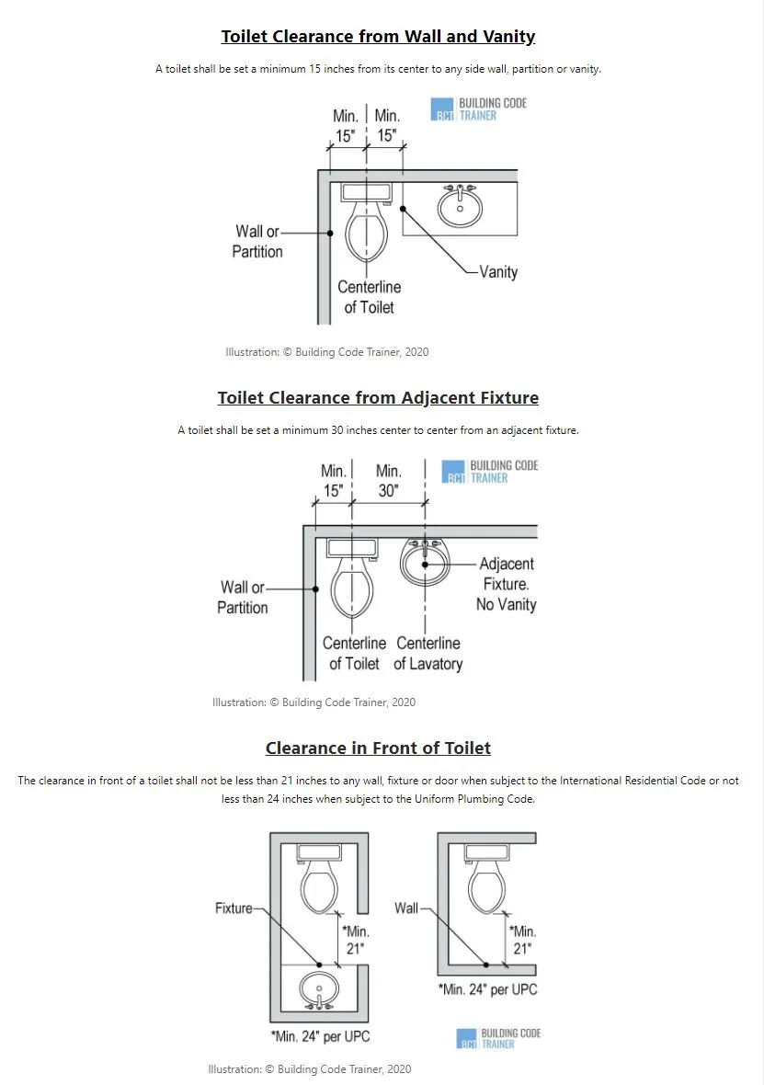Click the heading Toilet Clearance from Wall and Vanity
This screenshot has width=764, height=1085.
(378, 37)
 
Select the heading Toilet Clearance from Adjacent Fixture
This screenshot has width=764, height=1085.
(378, 398)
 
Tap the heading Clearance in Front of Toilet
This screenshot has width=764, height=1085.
(378, 748)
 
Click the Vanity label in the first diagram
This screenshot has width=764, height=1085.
(498, 272)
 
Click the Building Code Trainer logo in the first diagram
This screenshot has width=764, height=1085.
(478, 109)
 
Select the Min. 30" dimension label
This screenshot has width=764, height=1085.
(389, 481)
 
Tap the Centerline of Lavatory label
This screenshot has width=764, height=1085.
(428, 654)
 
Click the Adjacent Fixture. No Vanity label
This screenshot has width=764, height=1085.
(506, 584)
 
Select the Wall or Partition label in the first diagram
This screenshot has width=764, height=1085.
(257, 242)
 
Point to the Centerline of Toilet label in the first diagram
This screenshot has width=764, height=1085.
(369, 297)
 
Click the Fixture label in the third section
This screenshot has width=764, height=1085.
(234, 908)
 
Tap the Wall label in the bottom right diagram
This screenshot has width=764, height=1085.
(405, 908)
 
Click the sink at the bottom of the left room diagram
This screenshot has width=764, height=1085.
(319, 990)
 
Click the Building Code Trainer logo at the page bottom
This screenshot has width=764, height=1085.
(498, 1038)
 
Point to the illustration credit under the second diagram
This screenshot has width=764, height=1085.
(314, 702)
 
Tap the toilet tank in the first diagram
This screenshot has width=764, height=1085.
(367, 192)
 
